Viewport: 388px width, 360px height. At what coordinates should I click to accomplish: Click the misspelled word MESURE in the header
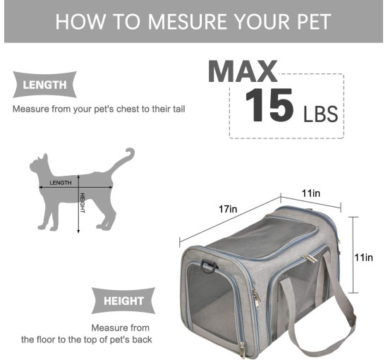pyautogui.click(x=188, y=22)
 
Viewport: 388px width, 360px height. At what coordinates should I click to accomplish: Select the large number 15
pyautogui.click(x=269, y=105)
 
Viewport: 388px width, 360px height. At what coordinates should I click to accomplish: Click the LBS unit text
pyautogui.click(x=320, y=114)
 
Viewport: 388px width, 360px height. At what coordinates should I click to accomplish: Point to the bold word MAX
pyautogui.click(x=243, y=71)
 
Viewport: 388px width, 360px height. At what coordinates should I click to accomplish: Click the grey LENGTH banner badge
pyautogui.click(x=44, y=85)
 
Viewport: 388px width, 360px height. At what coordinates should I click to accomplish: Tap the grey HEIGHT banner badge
pyautogui.click(x=123, y=301)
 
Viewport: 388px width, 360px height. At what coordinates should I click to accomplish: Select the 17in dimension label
pyautogui.click(x=228, y=210)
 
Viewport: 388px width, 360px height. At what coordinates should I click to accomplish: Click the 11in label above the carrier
pyautogui.click(x=311, y=193)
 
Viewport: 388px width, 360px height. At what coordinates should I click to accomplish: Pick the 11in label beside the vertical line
pyautogui.click(x=363, y=258)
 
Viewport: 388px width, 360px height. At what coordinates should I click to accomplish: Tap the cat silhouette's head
pyautogui.click(x=39, y=164)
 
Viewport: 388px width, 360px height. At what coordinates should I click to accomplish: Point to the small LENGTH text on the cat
pyautogui.click(x=61, y=183)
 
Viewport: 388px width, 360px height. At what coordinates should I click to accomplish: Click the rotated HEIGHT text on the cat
pyautogui.click(x=83, y=203)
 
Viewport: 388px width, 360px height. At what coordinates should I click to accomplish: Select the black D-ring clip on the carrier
pyautogui.click(x=209, y=266)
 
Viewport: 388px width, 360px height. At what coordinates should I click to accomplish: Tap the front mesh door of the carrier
pyautogui.click(x=212, y=303)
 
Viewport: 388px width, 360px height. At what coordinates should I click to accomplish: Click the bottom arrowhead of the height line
pyautogui.click(x=78, y=232)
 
